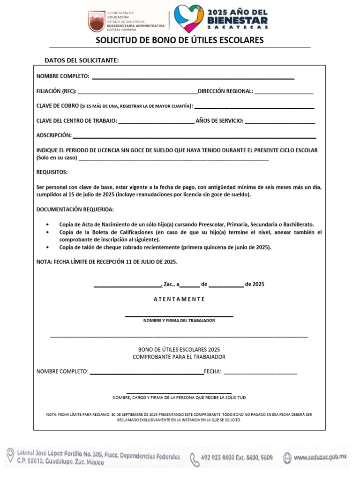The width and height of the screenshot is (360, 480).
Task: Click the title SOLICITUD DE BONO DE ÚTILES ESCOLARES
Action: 180,40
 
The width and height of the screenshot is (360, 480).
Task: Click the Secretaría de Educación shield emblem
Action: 97,21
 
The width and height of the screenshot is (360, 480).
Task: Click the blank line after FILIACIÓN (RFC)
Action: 137,92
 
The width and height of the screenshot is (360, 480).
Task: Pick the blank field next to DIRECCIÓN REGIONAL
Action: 284,92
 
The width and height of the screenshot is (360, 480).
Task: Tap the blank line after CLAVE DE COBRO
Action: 254,107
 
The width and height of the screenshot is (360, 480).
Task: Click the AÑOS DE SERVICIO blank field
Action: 280,122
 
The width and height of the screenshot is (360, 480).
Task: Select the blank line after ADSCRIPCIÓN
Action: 195,137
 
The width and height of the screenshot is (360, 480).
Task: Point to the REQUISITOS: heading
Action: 52,172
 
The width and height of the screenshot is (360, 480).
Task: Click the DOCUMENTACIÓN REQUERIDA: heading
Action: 75,209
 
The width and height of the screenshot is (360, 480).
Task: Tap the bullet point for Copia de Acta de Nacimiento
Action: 49,225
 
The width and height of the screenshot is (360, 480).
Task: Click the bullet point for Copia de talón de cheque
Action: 49,247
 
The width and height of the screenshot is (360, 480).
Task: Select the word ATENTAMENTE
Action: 179,299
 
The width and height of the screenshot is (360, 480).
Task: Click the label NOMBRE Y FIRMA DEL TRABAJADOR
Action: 179,321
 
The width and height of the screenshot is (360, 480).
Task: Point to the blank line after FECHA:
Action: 261,373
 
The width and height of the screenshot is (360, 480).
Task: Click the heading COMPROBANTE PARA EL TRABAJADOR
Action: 179,357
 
